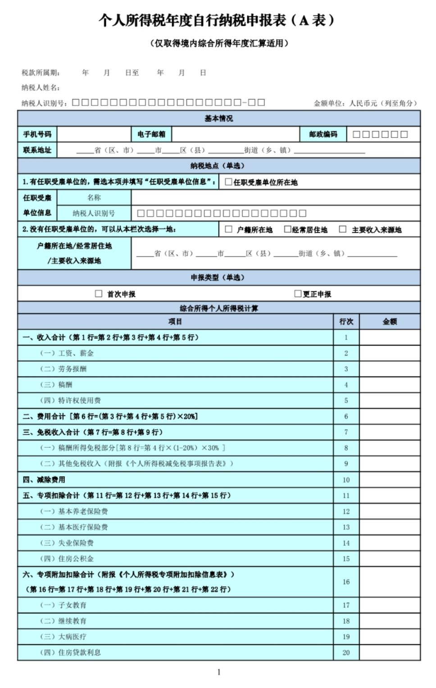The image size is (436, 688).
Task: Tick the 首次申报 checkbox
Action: tap(99, 294)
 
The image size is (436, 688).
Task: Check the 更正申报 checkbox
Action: tap(298, 294)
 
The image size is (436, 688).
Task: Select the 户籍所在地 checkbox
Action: tap(229, 229)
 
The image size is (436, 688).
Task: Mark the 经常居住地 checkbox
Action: tap(287, 229)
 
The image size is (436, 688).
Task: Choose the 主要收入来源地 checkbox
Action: tap(343, 229)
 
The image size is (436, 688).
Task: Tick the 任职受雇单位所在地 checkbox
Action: tap(228, 182)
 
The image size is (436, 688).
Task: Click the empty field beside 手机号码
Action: tap(94, 134)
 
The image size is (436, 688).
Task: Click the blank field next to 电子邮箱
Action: tap(236, 134)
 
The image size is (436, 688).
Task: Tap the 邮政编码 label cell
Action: tap(323, 134)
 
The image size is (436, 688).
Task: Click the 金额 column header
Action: tap(390, 321)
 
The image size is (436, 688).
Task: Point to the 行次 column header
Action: tap(346, 321)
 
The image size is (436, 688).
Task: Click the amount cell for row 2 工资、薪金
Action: tap(390, 353)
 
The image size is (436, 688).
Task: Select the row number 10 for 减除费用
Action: tap(346, 480)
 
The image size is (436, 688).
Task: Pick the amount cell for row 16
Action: tap(390, 582)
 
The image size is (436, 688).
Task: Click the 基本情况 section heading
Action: tap(219, 119)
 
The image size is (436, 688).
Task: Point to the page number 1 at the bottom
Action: tap(219, 672)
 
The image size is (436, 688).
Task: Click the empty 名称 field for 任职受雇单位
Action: tap(275, 197)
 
